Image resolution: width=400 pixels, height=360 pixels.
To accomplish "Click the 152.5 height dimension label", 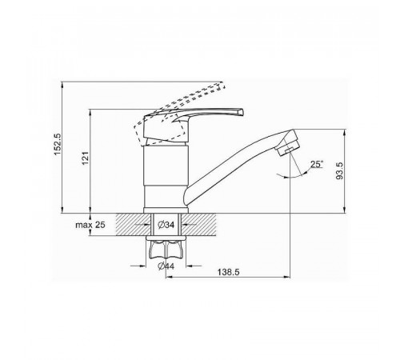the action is click(x=58, y=144).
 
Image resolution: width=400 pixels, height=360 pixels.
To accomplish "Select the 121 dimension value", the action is click(x=85, y=158).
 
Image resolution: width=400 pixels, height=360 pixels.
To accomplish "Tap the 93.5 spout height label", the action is click(x=339, y=170).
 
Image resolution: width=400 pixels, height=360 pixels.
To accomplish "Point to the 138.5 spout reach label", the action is click(x=229, y=272).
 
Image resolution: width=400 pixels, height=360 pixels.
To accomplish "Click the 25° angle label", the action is click(x=317, y=164).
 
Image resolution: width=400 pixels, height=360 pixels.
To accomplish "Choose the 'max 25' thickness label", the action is click(x=90, y=225).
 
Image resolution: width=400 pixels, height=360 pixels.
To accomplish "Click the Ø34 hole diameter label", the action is click(x=166, y=225).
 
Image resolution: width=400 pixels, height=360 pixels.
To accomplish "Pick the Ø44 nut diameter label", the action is click(x=166, y=266).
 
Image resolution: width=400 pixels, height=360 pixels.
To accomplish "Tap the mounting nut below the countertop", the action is click(x=166, y=249).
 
